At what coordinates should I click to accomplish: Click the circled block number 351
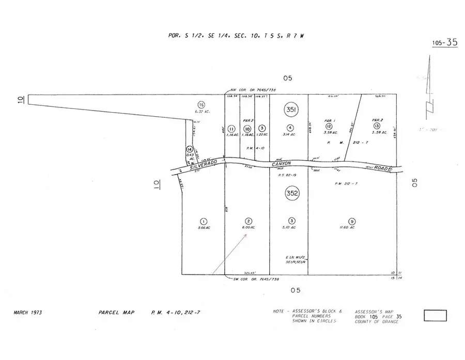290,110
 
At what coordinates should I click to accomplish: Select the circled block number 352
292,194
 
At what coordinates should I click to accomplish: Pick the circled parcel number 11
231,129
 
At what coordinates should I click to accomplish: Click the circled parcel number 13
377,126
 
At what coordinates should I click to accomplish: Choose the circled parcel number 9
351,220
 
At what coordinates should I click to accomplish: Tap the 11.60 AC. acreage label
351,227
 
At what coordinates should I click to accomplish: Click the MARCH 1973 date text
28,313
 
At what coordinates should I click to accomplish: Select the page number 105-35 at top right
445,43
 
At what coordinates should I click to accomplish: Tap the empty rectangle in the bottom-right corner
435,315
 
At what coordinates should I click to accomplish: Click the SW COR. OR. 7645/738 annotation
256,279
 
